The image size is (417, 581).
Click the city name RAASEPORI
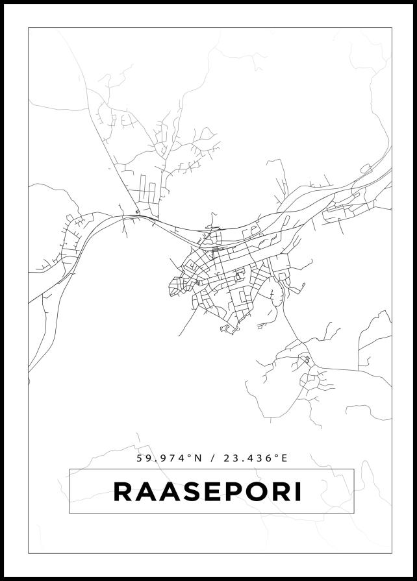pyautogui.click(x=208, y=491)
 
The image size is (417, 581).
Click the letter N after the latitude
pyautogui.click(x=199, y=458)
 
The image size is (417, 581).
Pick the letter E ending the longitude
pyautogui.click(x=284, y=458)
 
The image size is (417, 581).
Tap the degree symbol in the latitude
pyautogui.click(x=190, y=456)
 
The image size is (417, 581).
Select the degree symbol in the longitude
pyautogui.click(x=276, y=456)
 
